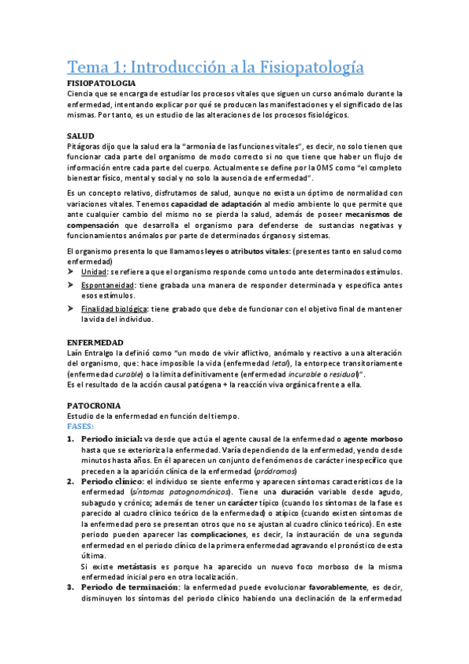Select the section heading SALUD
click(x=81, y=135)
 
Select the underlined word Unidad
click(x=95, y=271)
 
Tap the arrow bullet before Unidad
click(x=71, y=271)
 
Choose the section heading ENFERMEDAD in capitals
click(x=95, y=343)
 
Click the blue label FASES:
click(x=80, y=427)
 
